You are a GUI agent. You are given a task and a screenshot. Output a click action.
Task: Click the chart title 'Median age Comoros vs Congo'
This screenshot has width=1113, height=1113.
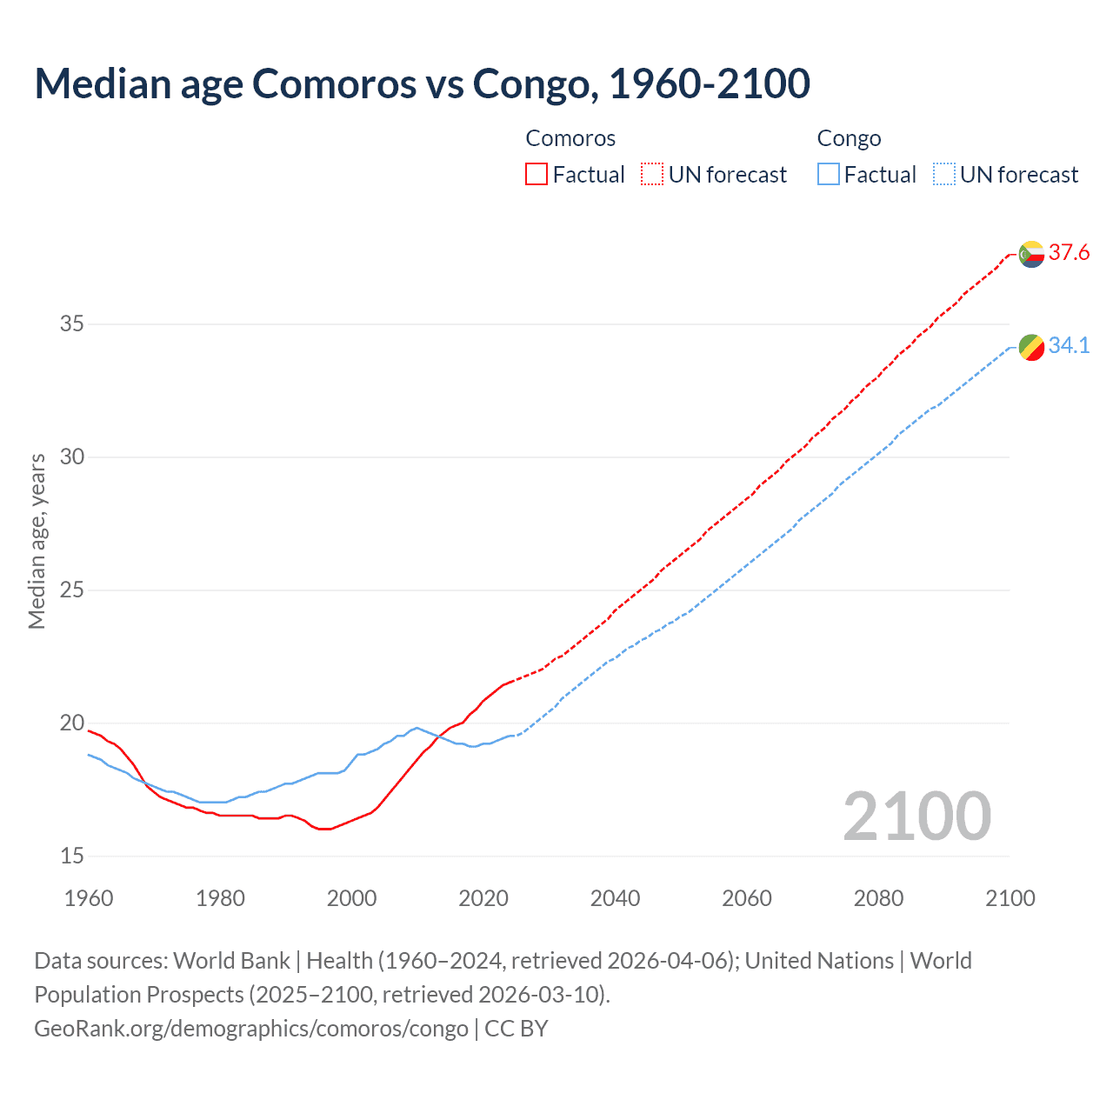422,83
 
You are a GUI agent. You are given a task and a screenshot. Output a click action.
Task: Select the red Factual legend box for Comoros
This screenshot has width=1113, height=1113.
537,174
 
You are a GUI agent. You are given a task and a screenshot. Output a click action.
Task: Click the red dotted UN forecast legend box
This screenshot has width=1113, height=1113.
652,174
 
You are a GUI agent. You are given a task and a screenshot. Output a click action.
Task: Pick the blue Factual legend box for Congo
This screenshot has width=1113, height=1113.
829,174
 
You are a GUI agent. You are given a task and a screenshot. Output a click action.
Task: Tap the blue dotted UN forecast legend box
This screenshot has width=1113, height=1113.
944,174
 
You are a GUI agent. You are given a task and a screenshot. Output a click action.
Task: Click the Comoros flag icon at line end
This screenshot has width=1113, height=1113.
1031,254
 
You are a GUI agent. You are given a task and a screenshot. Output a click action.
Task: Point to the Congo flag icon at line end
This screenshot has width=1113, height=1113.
1031,347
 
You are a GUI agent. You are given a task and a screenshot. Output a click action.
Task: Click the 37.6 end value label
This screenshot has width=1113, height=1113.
1069,253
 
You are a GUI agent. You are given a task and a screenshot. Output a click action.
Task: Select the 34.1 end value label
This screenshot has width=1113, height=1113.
1069,346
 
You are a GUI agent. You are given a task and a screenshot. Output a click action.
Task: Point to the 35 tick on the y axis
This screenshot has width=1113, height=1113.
72,324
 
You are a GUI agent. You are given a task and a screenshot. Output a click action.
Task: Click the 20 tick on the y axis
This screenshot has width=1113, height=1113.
72,723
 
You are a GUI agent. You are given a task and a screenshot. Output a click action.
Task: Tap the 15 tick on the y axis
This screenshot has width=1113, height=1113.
72,856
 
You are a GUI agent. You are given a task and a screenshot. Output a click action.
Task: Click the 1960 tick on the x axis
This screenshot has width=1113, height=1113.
89,898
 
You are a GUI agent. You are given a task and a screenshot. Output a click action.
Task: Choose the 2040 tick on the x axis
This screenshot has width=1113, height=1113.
615,898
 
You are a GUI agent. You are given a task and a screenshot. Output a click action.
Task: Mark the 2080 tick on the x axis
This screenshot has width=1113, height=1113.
878,898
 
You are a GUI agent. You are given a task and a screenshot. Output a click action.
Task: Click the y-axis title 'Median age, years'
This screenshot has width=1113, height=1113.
37,541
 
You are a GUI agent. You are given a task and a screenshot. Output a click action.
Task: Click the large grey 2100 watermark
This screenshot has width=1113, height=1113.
916,816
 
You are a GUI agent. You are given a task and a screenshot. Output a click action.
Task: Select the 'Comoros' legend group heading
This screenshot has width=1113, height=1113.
570,138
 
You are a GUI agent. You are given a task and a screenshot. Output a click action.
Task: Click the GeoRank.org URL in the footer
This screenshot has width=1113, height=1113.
251,1029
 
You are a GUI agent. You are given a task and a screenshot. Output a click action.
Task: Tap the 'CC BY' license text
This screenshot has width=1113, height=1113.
517,1029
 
